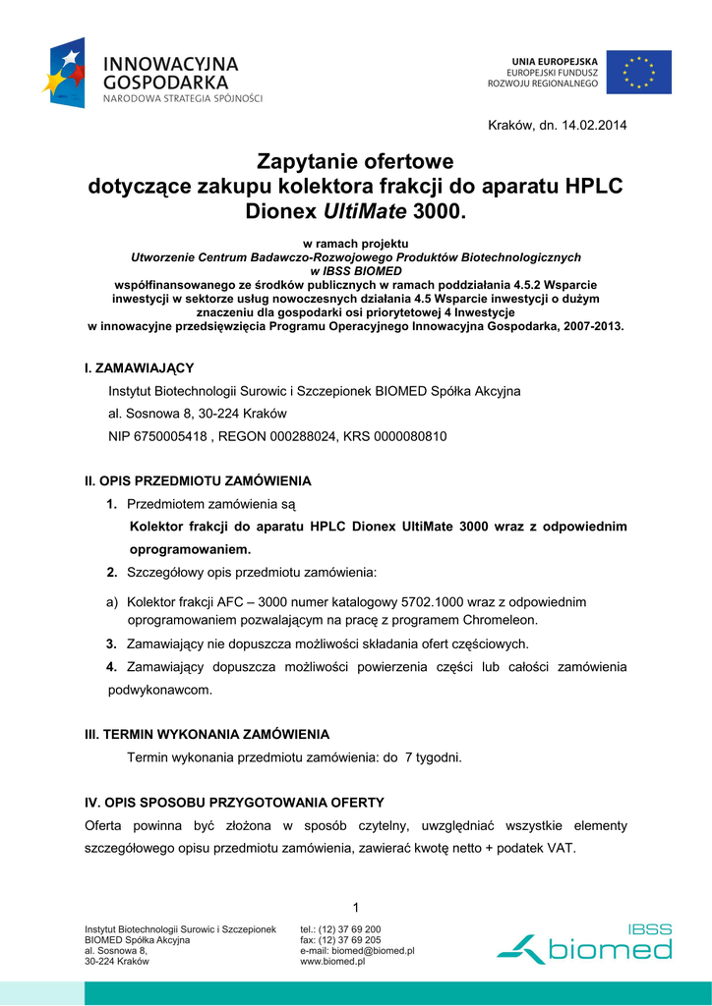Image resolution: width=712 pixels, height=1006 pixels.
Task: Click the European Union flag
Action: pos(638,72)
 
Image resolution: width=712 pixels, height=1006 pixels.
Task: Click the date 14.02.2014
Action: pos(593,125)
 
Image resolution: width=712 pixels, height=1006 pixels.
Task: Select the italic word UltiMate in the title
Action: pos(365,211)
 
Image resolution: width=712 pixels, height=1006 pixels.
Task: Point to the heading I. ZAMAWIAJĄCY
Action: pos(140,367)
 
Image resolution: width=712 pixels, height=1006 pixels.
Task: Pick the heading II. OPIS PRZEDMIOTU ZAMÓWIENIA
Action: pos(198,480)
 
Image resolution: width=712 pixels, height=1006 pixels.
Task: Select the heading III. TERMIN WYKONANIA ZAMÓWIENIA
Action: pos(208,734)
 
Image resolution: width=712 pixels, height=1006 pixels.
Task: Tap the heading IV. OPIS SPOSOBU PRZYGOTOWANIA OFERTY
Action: pos(234,803)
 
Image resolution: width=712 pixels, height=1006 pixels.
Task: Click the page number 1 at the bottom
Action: pos(355,905)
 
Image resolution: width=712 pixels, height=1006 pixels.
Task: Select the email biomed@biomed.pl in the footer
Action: pos(373,951)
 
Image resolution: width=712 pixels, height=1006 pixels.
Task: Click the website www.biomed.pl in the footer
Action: pos(332,962)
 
